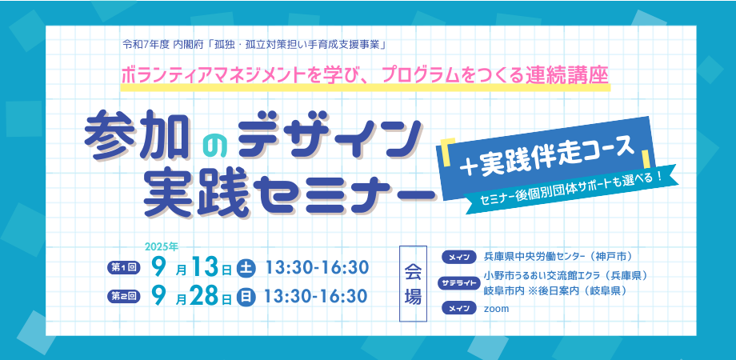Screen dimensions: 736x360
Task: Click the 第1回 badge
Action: tap(123, 268)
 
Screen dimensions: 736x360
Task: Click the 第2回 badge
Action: tap(123, 296)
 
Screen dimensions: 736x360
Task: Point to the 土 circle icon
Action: tap(245, 269)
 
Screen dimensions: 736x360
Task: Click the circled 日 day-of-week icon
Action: tap(245, 297)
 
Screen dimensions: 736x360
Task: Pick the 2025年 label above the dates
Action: tap(162, 246)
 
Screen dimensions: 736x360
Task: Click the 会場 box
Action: tap(413, 283)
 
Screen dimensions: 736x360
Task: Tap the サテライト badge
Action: tap(458, 282)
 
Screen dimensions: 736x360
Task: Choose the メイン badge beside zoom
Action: tap(458, 308)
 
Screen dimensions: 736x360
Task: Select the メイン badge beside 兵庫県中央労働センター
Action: tap(458, 257)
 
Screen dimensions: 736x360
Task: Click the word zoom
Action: tap(496, 309)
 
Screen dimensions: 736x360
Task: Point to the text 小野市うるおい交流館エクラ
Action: tap(540, 275)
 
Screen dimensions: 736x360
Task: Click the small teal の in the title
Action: tap(215, 146)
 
